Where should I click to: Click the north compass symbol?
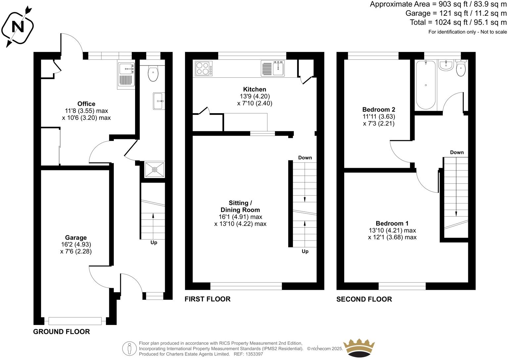tap(18, 26)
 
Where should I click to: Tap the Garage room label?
tap(76, 238)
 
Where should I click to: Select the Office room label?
tap(86, 104)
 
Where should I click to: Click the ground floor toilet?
tap(153, 74)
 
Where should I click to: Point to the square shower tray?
tap(155, 170)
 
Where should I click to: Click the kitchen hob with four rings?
tap(204, 68)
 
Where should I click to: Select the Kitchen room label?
tap(254, 89)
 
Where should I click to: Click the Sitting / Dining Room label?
tap(240, 206)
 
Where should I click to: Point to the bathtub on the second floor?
tap(426, 85)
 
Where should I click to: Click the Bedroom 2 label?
tap(379, 110)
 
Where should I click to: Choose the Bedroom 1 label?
tap(392, 223)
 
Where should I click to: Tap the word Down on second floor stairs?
tap(457, 152)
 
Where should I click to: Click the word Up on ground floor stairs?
tap(154, 243)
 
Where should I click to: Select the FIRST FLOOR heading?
tap(208, 299)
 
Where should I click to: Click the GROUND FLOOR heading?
tap(62, 332)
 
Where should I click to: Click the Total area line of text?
tap(458, 22)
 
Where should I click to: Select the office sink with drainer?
tap(126, 75)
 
